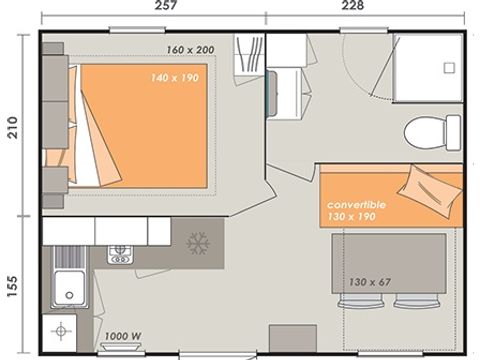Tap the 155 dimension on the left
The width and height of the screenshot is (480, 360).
pos(12,283)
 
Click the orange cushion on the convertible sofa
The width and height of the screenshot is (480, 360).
pos(423,182)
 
